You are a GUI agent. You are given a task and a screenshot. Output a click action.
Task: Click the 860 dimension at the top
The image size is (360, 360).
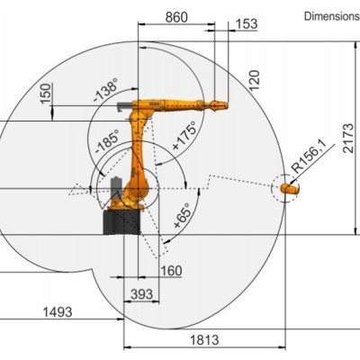[x=175, y=17]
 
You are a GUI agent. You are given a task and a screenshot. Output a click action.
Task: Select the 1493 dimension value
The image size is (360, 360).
[x=57, y=311]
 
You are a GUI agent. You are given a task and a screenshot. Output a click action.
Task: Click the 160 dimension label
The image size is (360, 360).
[x=170, y=271]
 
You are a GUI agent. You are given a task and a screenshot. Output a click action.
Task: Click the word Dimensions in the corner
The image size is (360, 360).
[x=331, y=16]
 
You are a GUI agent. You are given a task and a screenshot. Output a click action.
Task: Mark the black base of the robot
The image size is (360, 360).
[x=121, y=220]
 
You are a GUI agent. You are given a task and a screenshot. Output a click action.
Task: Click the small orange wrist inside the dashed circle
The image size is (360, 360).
[x=288, y=189]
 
